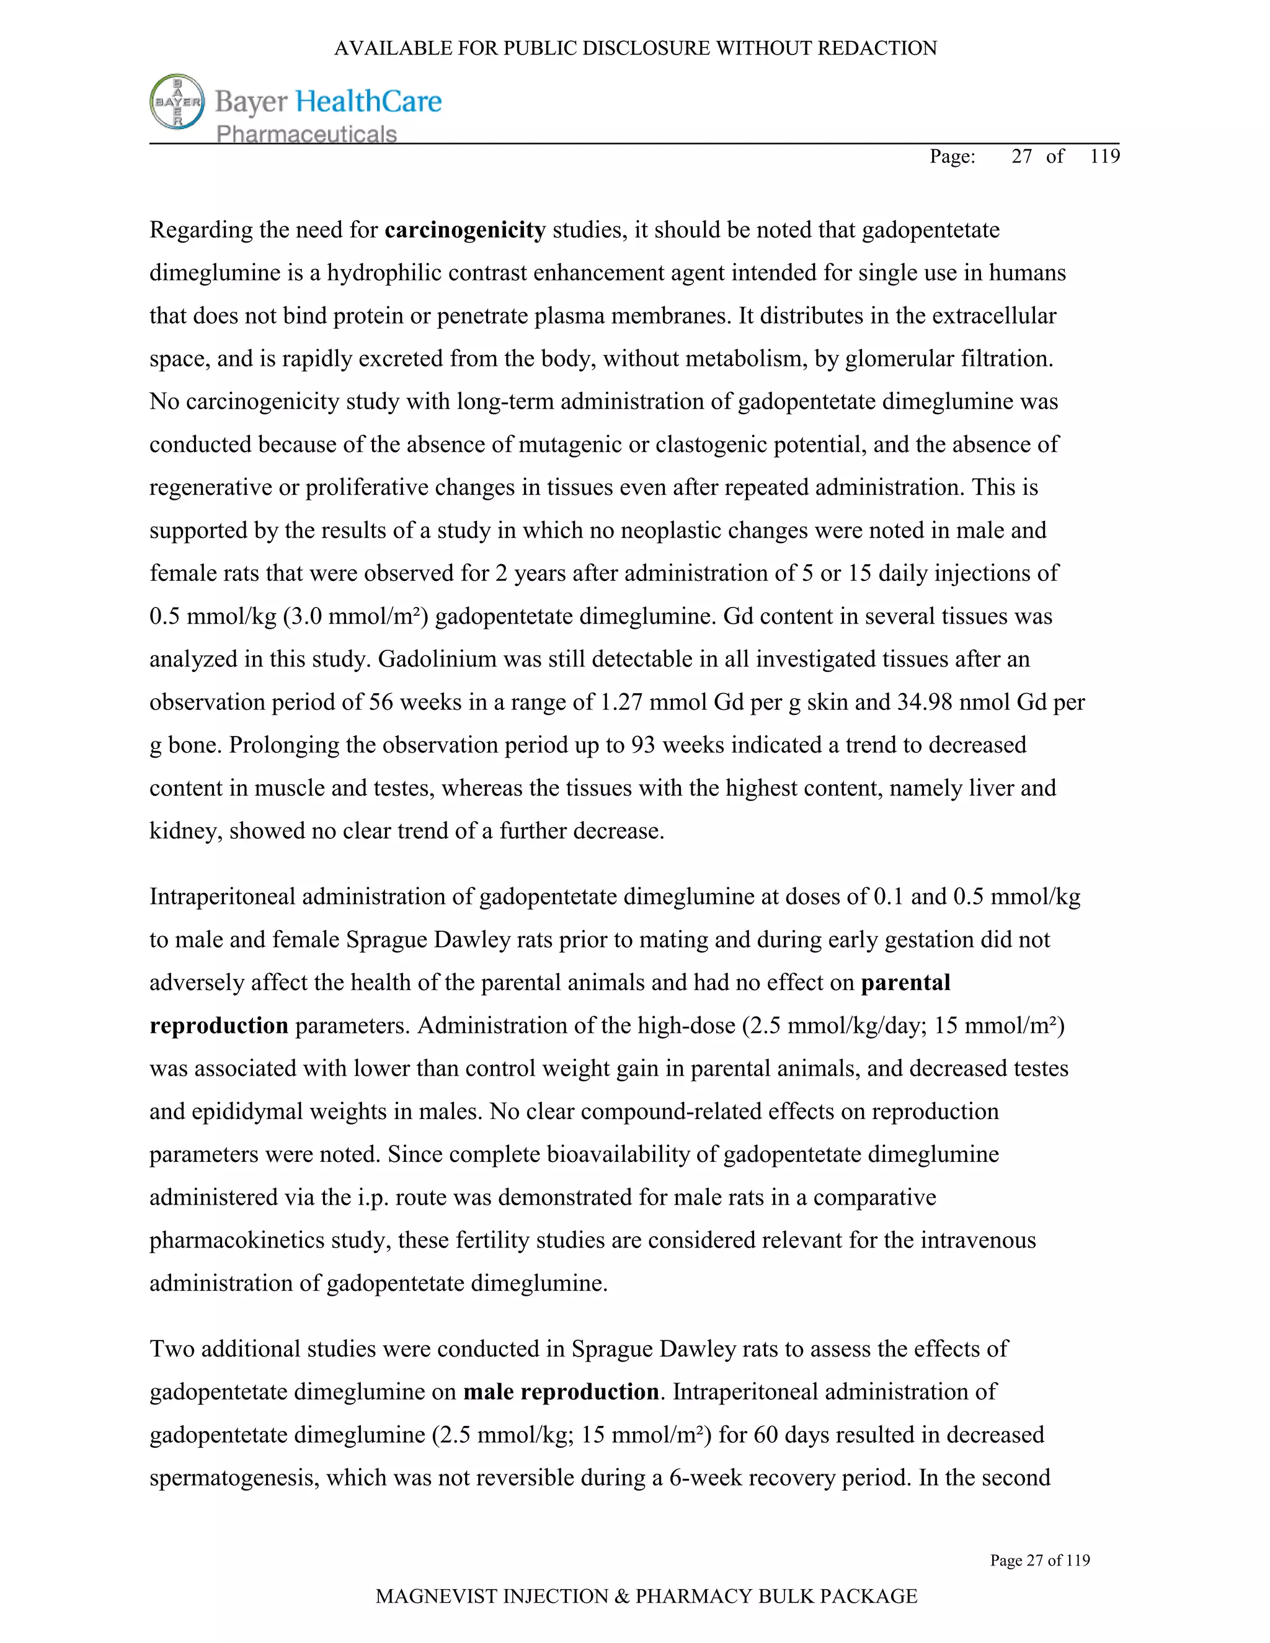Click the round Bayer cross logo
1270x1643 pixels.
pyautogui.click(x=177, y=102)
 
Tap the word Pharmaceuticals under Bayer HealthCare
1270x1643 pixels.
pyautogui.click(x=306, y=134)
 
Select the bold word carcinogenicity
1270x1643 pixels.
pyautogui.click(x=465, y=229)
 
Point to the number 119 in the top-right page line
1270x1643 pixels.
pyautogui.click(x=1104, y=156)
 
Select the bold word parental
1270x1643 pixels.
pyautogui.click(x=905, y=983)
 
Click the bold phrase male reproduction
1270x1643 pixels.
pyautogui.click(x=561, y=1392)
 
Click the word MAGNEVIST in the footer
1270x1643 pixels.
pyautogui.click(x=435, y=1596)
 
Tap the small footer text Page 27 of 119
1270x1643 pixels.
pyautogui.click(x=1040, y=1561)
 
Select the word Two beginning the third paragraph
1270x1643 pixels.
pyautogui.click(x=172, y=1349)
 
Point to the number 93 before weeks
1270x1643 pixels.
pyautogui.click(x=644, y=745)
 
